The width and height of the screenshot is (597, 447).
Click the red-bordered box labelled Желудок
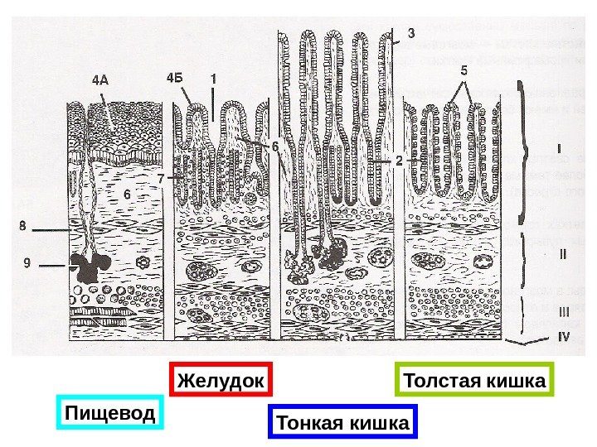coord(221,382)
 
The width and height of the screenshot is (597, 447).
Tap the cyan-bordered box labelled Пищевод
coord(111,413)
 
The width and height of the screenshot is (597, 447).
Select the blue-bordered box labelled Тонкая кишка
coord(343,424)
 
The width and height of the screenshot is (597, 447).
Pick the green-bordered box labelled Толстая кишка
coord(474,382)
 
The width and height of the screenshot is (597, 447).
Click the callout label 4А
coord(99,80)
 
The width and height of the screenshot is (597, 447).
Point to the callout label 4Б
coord(175,79)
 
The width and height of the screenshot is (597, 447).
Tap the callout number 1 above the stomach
coord(213,79)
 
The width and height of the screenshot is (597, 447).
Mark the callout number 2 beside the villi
coord(398,161)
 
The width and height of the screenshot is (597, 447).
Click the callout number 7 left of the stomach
coord(161,178)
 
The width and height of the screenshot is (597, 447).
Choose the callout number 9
coord(27,264)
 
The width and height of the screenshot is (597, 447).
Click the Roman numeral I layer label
coord(560,151)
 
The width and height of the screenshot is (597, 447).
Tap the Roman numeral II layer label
coord(561,254)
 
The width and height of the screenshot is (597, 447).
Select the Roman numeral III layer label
coord(562,312)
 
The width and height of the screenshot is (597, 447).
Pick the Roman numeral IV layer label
coord(563,337)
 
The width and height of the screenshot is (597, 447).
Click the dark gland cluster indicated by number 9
coord(88,266)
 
